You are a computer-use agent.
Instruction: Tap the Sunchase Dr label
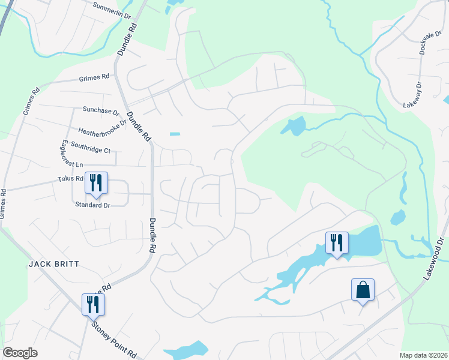click(101, 111)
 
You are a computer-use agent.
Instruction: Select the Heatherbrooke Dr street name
click(103, 127)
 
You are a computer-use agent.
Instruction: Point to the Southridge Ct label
click(91, 145)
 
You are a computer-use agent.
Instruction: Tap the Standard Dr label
click(92, 205)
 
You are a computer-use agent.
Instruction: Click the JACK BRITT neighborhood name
click(53, 264)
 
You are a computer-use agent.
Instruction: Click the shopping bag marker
click(363, 290)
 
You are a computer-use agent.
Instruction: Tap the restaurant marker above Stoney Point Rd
click(94, 304)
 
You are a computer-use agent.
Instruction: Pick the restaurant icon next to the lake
click(336, 243)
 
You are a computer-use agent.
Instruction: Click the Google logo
click(20, 353)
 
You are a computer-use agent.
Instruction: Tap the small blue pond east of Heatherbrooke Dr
click(175, 134)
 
